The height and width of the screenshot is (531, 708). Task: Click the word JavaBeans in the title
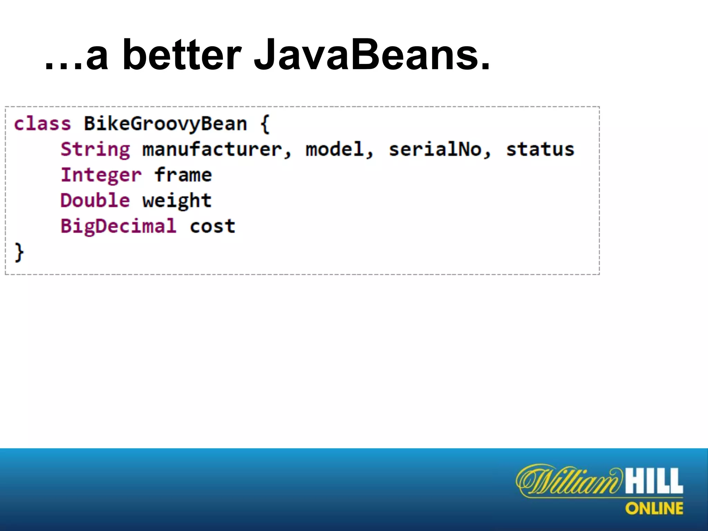point(372,55)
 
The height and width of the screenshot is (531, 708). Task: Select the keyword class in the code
point(42,124)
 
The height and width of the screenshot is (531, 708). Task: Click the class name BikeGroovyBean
point(165,124)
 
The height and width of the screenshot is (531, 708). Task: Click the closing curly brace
point(19,252)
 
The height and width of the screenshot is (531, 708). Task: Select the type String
point(95,149)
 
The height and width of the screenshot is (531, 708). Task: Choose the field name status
point(540,149)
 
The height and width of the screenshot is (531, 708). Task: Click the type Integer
point(101,175)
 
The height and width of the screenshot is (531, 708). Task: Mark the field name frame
point(183,175)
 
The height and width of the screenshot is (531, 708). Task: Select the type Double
point(95,201)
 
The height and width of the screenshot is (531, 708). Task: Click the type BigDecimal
point(119,226)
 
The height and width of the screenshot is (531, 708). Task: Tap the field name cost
point(212,226)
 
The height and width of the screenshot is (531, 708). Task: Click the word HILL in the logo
point(653,481)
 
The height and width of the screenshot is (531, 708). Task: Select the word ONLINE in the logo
point(654,509)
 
